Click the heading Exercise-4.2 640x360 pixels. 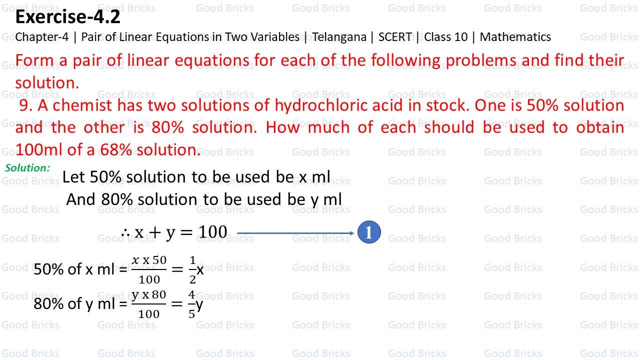pos(68,17)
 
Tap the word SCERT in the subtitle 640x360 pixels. pos(395,37)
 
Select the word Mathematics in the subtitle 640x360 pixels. pos(515,37)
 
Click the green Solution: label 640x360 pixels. pos(27,168)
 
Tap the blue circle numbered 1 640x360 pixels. pos(369,233)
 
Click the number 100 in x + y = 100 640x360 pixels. pos(212,232)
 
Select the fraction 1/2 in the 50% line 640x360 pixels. pos(193,269)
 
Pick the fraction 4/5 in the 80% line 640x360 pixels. pos(192,304)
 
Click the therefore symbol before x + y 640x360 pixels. pos(125,232)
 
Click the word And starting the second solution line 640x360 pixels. pos(81,199)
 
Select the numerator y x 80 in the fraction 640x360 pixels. pos(148,295)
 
